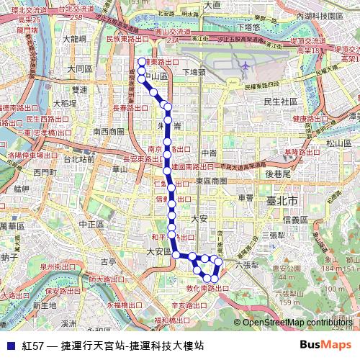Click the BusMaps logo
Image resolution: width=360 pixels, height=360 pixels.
tap(325, 345)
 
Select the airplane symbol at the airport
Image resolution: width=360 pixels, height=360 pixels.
tap(245, 66)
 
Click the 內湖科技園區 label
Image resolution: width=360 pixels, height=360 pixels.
tap(323, 15)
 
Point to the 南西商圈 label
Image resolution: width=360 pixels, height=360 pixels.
tap(109, 131)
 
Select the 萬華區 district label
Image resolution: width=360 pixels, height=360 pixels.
tap(11, 226)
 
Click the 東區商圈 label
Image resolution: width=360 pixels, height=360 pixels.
tap(211, 181)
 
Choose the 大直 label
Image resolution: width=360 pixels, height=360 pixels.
tap(212, 5)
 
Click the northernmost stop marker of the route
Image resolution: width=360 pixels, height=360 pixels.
tap(142, 62)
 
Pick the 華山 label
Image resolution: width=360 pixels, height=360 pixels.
tap(120, 169)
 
